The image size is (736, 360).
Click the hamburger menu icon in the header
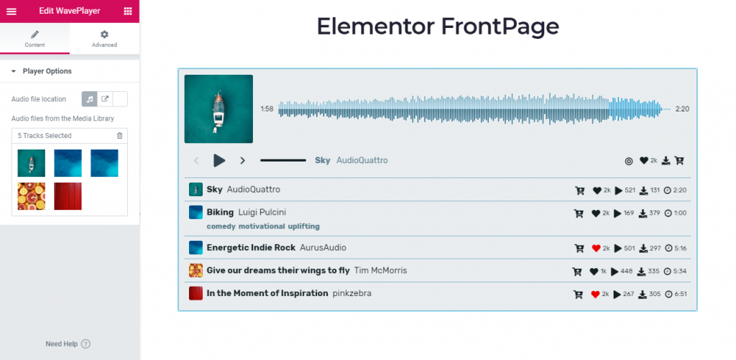tap(11, 11)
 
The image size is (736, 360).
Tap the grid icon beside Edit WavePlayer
tap(128, 11)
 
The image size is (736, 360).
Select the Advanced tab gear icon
tap(104, 34)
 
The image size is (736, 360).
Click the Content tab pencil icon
tap(34, 34)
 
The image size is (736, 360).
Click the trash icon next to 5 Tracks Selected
tap(120, 136)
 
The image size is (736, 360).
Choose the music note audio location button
tap(89, 99)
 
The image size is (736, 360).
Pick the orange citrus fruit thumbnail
tap(32, 196)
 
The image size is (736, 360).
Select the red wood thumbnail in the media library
tap(68, 196)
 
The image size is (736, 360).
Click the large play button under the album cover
tap(219, 160)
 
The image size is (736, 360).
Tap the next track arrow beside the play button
tap(243, 160)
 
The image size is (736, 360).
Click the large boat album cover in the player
tap(218, 109)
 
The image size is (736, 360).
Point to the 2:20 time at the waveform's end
tap(682, 109)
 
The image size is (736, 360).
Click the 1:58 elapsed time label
tap(267, 109)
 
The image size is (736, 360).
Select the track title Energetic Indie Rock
tap(251, 247)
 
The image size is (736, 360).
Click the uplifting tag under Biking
tap(304, 226)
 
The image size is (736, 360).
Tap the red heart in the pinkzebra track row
tap(596, 295)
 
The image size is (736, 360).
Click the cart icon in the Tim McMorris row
tap(577, 272)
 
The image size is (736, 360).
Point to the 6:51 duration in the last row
tap(681, 295)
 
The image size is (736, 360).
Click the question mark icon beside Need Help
tap(86, 344)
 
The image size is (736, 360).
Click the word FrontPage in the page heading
tap(500, 27)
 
